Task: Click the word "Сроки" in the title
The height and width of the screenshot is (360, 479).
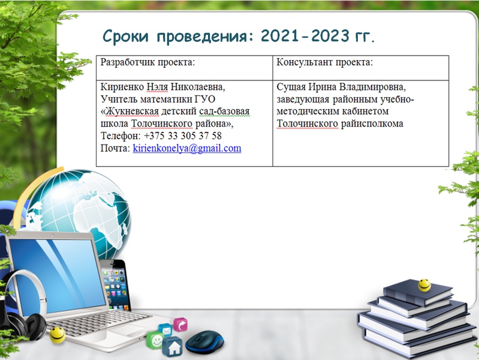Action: tap(125, 36)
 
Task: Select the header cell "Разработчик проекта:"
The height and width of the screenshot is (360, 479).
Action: tap(184, 68)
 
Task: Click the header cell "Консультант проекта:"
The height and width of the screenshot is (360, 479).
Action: tap(361, 68)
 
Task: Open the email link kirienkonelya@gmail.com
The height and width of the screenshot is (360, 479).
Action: tap(187, 148)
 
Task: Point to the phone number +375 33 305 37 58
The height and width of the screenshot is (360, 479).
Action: tap(183, 136)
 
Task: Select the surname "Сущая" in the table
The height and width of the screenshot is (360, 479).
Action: tap(291, 87)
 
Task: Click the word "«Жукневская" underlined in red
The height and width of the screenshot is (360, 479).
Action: tap(129, 112)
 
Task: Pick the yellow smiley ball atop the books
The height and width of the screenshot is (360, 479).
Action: tap(424, 285)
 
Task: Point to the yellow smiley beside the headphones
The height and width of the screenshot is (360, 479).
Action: tap(58, 335)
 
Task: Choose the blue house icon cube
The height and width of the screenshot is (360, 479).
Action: tap(173, 347)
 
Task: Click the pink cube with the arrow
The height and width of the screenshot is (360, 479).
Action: tap(180, 325)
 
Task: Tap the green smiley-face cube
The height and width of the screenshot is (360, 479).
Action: tap(155, 340)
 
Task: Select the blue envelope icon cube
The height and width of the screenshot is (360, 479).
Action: tap(165, 330)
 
